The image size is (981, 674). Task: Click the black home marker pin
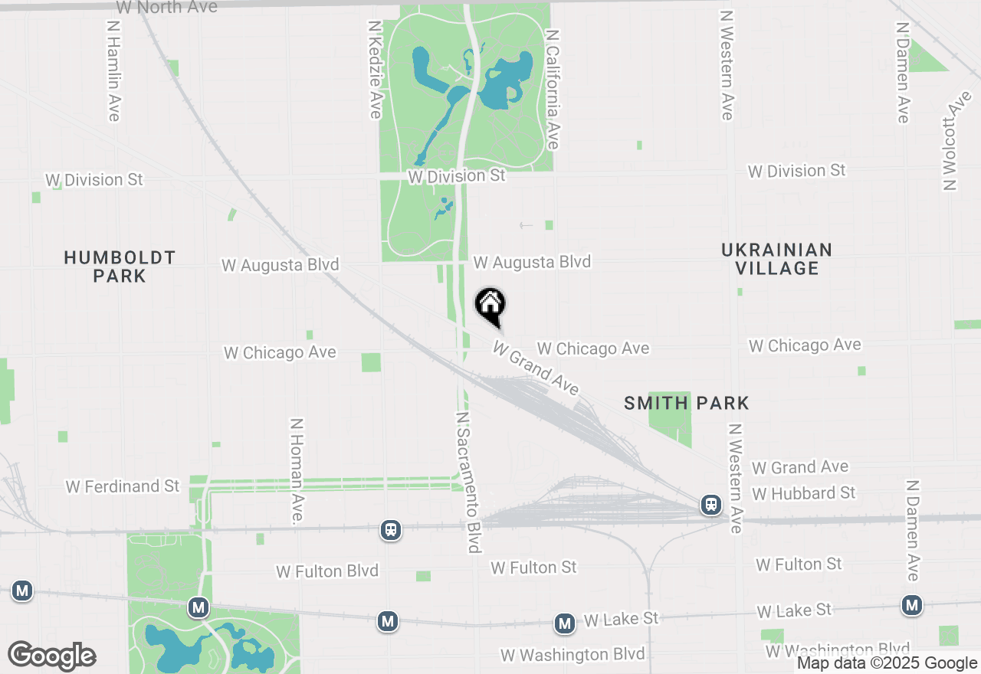point(490,306)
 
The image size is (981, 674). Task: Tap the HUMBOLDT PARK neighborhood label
point(120,267)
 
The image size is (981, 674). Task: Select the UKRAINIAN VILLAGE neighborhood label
point(776,259)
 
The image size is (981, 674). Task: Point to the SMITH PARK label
point(686,403)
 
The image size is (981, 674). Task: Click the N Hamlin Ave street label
point(113,70)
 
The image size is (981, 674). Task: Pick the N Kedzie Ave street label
point(375,69)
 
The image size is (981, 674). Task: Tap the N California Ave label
point(552,89)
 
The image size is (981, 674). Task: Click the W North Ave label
point(166,8)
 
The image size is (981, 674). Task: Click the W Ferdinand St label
point(123,486)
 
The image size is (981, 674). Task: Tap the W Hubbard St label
point(803,492)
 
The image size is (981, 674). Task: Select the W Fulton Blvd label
point(327,571)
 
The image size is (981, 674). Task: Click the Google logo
point(51,656)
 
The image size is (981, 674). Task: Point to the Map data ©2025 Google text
point(887,663)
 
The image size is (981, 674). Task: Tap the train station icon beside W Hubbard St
point(711,505)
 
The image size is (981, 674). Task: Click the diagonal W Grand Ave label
point(536,368)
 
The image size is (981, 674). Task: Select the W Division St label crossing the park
point(457,176)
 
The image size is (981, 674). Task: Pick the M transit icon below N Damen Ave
point(911,606)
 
